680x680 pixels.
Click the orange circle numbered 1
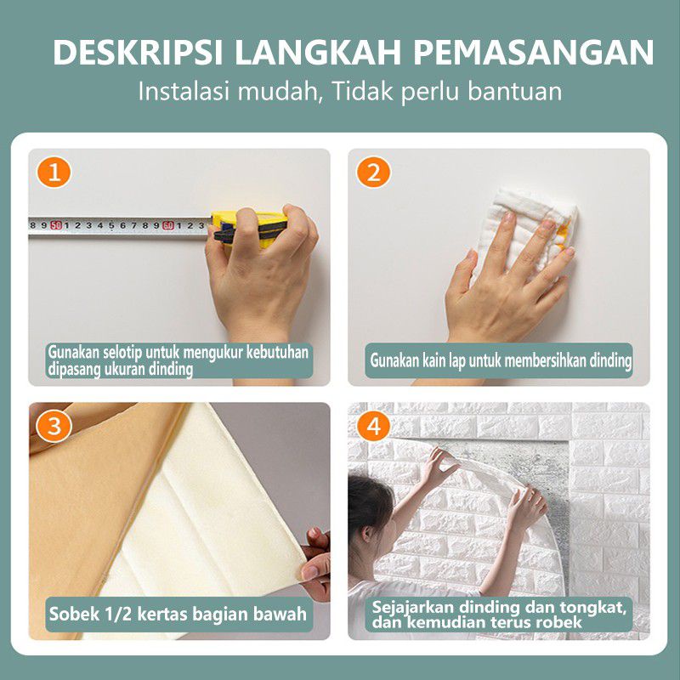(x=54, y=173)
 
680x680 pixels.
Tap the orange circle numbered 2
(x=373, y=173)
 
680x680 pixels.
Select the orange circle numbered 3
(x=54, y=426)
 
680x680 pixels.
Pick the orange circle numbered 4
(x=373, y=426)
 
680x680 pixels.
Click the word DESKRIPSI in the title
(x=138, y=53)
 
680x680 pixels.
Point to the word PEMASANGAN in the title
(x=533, y=53)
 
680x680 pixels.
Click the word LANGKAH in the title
(x=317, y=53)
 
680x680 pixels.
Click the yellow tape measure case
(x=250, y=228)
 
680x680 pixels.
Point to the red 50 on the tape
(x=56, y=225)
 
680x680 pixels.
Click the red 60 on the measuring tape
(x=168, y=225)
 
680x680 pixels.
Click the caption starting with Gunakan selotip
(x=178, y=360)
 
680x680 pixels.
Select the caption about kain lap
(x=501, y=360)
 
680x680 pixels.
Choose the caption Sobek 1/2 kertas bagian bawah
(x=178, y=614)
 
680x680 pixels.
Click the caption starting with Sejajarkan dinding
(x=499, y=615)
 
